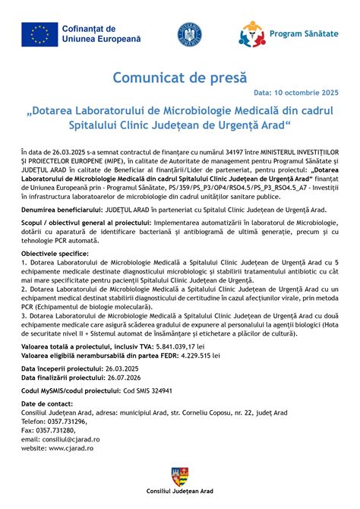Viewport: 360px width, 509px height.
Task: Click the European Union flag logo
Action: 38,33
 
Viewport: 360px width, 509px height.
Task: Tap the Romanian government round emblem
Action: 189,34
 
